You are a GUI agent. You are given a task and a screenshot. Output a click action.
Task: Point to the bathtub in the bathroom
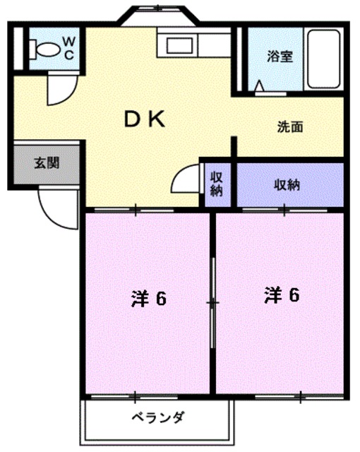(324, 58)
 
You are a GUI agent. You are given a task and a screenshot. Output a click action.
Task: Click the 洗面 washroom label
(289, 128)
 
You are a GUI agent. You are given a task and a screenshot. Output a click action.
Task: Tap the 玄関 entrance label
(47, 163)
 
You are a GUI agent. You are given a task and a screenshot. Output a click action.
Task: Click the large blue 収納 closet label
(287, 184)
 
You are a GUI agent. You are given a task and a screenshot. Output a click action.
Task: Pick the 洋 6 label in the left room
(148, 299)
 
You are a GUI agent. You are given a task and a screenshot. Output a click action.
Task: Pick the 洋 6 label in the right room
(282, 295)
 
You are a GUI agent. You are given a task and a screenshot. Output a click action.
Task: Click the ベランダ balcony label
(158, 417)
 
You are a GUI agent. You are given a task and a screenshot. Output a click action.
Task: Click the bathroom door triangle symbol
(260, 88)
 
